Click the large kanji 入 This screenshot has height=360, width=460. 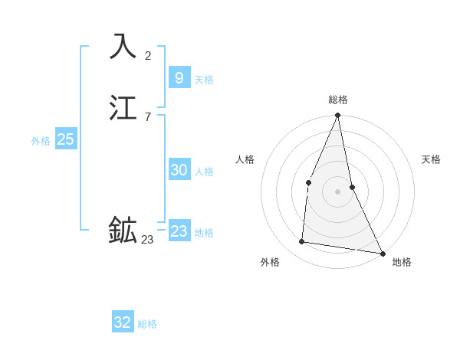[123, 46]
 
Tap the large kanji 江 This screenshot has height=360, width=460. [123, 108]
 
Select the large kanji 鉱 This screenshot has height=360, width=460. [123, 229]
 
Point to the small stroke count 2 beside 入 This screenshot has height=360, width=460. [148, 55]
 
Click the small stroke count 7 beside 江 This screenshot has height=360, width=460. [147, 116]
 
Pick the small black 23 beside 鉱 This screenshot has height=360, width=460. [147, 240]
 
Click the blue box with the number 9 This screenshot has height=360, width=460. [179, 77]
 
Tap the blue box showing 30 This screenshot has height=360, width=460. [179, 170]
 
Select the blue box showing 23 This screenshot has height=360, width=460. [179, 231]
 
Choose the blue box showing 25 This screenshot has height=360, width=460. [66, 139]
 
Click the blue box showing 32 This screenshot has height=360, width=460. [123, 322]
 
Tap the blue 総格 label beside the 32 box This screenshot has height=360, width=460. [147, 324]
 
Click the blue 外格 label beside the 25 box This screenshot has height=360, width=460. [41, 141]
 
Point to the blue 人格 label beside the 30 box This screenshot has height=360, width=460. [204, 172]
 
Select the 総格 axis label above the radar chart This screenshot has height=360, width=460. [338, 100]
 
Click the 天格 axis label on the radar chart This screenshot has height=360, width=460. [431, 159]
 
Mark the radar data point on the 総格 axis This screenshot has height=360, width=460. [337, 116]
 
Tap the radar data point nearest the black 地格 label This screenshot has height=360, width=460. [383, 252]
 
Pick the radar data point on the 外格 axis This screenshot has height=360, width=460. [302, 242]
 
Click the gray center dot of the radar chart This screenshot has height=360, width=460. [337, 191]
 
